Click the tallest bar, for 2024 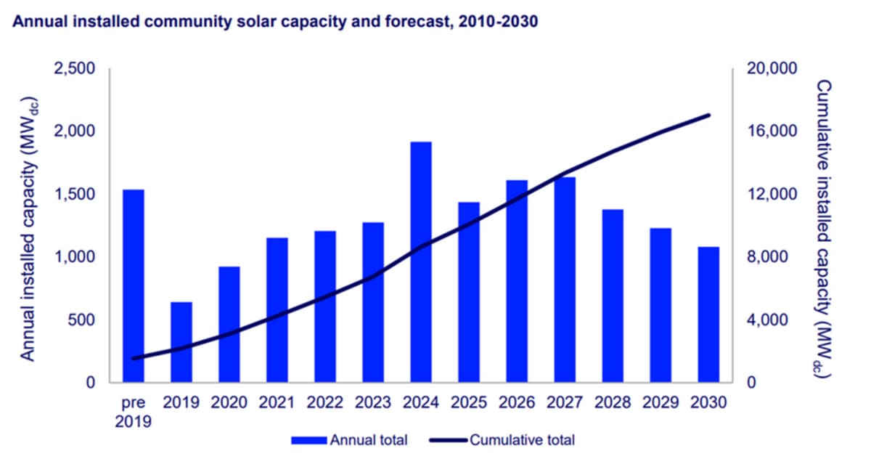(x=421, y=261)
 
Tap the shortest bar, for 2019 (x=181, y=341)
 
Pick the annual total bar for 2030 (x=708, y=314)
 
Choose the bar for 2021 (x=277, y=309)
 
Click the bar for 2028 (x=612, y=295)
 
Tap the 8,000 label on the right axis (x=768, y=257)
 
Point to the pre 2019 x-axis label (x=134, y=412)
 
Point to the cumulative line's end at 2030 (x=708, y=115)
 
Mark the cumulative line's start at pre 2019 (x=134, y=358)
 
